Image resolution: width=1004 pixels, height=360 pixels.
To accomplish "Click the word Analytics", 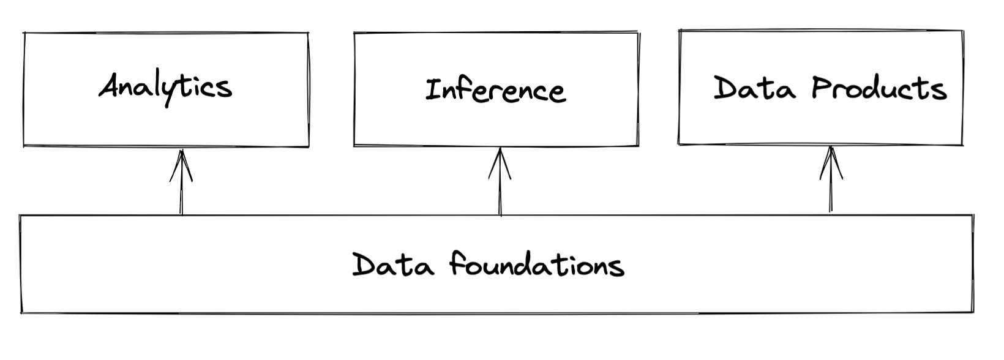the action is (x=165, y=88).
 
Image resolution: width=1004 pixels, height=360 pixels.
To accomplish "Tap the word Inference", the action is (x=496, y=89).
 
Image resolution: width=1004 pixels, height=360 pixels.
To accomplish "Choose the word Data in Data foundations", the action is (x=393, y=264).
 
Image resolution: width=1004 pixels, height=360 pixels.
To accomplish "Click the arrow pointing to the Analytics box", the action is (x=181, y=182).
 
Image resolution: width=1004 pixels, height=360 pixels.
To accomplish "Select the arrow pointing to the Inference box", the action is (x=500, y=182).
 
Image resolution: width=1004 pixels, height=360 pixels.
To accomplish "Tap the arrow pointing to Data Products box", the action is (x=831, y=179).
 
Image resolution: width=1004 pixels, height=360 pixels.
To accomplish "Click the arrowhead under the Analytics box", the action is (x=181, y=165).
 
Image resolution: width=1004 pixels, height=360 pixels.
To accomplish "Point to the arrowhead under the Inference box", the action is (x=500, y=163).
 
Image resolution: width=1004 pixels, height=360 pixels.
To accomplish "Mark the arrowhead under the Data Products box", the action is (x=831, y=163).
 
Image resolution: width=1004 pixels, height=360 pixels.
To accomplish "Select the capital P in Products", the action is (x=821, y=87).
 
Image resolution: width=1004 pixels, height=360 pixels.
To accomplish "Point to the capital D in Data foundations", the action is (x=363, y=264).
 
